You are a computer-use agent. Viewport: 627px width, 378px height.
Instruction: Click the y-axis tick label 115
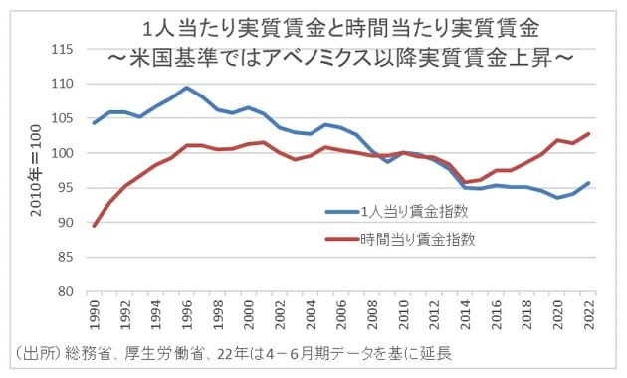[x=64, y=49]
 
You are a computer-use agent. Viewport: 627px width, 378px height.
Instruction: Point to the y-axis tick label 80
[x=68, y=292]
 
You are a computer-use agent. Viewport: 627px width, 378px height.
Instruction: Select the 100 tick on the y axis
[x=64, y=153]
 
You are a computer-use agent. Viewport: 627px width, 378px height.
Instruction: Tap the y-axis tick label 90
[x=68, y=223]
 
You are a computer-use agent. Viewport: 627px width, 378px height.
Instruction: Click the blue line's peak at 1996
[x=186, y=88]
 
